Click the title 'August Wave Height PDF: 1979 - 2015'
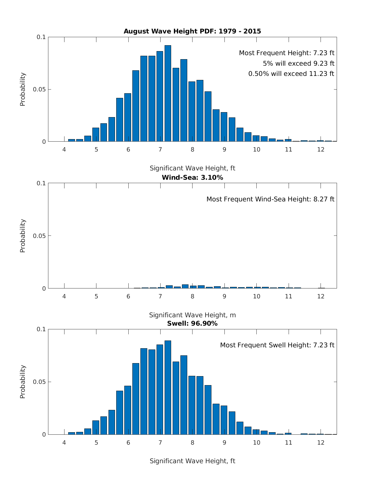point(192,31)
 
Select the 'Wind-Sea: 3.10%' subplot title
point(192,178)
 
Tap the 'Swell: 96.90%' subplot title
point(192,323)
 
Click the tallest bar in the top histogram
point(168,93)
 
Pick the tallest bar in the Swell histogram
point(168,387)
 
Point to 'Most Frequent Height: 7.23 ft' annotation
point(286,53)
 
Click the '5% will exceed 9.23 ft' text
point(299,64)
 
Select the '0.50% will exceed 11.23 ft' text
point(291,74)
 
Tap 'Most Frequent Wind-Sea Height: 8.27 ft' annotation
point(270,199)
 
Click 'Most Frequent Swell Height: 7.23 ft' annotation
point(277,345)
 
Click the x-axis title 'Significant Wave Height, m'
point(192,315)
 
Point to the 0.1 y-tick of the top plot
point(41,37)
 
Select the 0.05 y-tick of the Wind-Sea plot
point(39,236)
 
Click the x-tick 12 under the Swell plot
point(321,443)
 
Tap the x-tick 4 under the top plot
point(64,149)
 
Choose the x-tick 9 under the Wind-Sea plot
point(224,296)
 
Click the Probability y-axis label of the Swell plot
point(23,382)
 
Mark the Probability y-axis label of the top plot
point(23,89)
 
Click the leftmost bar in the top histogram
point(72,140)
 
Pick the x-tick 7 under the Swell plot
point(160,443)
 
